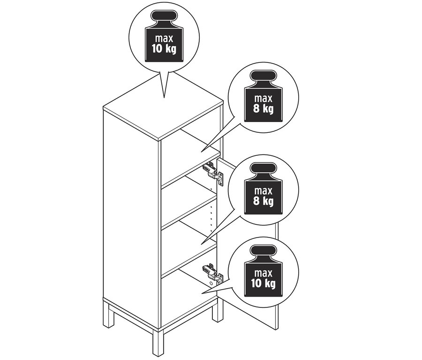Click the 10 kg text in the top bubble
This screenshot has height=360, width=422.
pos(164,49)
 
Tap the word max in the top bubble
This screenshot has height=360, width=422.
pos(164,38)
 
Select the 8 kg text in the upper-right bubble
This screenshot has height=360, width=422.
pos(263,108)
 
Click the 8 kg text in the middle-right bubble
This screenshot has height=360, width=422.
pos(263,201)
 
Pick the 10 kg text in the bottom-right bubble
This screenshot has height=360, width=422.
pos(263,283)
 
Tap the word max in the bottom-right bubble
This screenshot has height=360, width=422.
pos(263,273)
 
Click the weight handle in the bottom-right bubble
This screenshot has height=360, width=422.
pos(263,251)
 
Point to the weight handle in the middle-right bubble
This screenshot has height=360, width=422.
pos(263,169)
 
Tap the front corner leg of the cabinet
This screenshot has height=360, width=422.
pos(158,343)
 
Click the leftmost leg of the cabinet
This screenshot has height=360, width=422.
pos(109,314)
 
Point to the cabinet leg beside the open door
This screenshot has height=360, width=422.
pos(218,310)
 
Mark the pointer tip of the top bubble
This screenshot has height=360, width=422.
pos(164,97)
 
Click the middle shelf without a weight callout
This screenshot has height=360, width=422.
pos(189,210)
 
